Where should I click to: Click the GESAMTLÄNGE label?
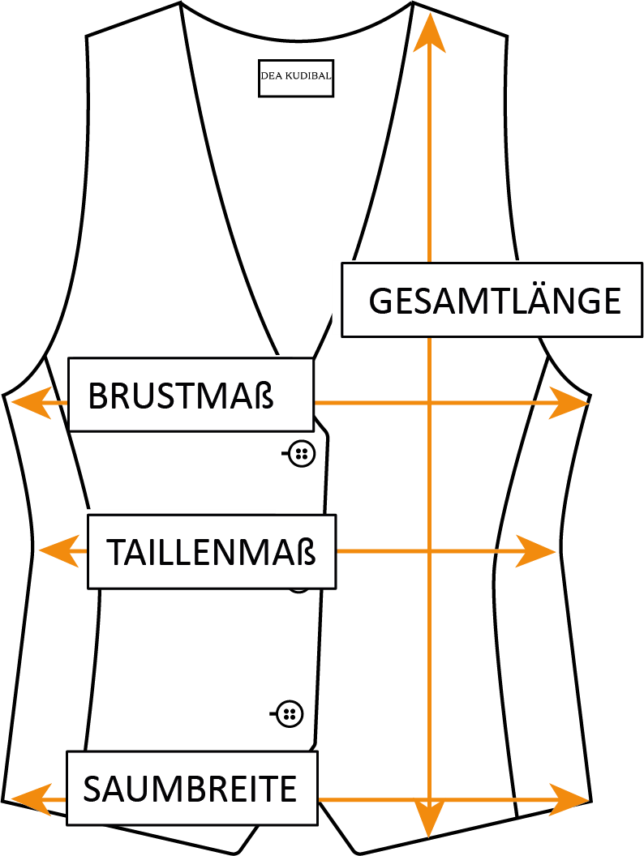(x=492, y=300)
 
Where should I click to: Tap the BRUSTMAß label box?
(x=191, y=396)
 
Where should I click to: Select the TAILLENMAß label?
(x=211, y=552)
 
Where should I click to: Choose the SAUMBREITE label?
(x=191, y=789)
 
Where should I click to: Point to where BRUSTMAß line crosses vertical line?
(x=429, y=402)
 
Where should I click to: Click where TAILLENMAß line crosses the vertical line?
(x=429, y=551)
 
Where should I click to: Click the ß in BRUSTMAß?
(x=264, y=396)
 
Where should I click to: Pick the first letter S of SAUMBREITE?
(x=92, y=789)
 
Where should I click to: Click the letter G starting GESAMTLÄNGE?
(x=381, y=301)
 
